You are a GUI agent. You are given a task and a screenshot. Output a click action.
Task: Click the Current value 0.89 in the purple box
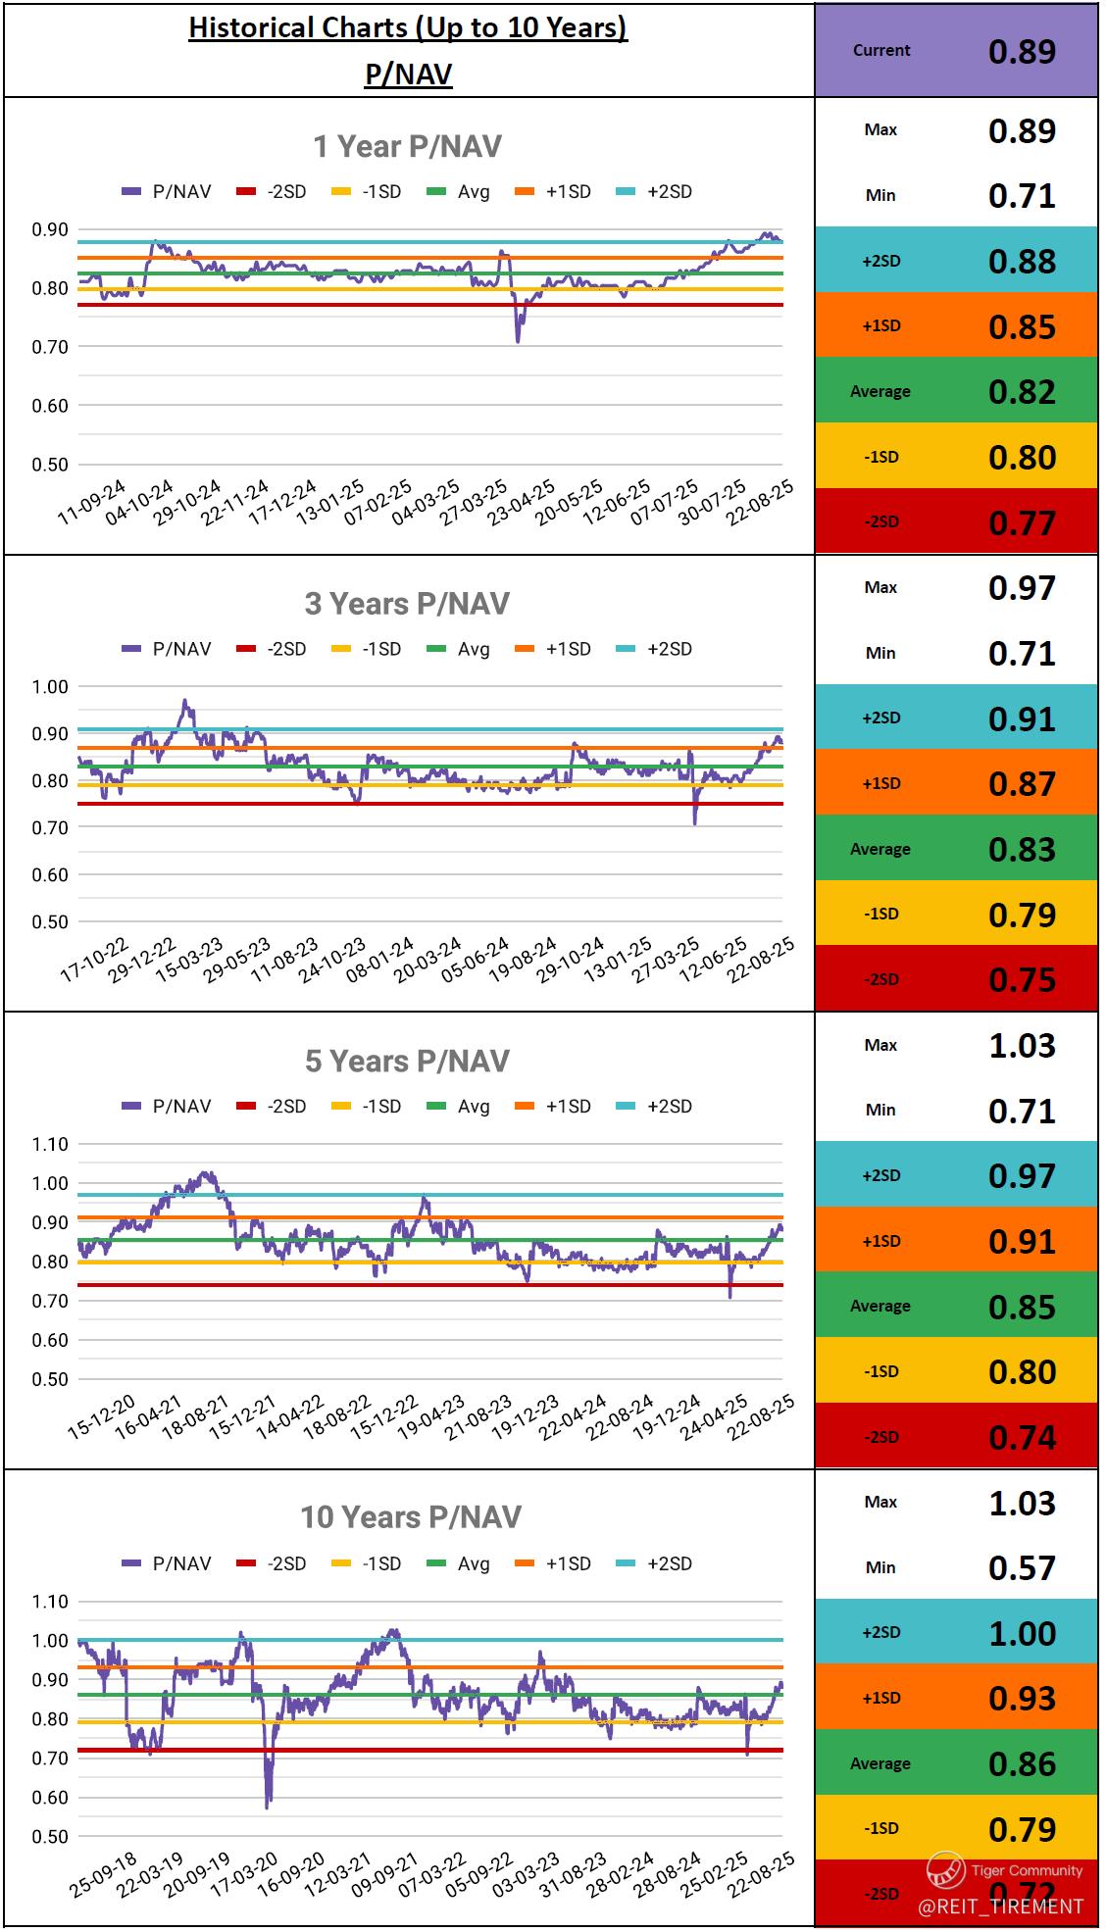point(1022,51)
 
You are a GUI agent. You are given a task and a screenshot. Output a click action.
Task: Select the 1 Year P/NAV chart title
point(407,146)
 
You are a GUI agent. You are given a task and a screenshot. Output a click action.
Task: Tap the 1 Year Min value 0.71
point(1022,195)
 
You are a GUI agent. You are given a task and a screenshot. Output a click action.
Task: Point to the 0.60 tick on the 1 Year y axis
point(49,406)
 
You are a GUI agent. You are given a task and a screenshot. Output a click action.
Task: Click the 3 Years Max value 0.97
point(1022,588)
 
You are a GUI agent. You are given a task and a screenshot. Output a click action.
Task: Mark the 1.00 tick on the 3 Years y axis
point(49,687)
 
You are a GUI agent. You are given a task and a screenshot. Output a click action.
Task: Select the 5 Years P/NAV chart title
point(407,1061)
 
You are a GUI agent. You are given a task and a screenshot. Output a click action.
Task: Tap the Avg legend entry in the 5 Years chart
point(460,1106)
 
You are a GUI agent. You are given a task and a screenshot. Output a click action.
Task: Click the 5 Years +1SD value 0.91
point(1022,1241)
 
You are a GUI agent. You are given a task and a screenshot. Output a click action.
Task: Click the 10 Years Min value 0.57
point(1022,1567)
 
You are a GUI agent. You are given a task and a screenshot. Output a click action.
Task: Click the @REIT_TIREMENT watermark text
point(1000,1907)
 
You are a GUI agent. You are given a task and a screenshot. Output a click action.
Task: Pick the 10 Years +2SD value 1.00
point(1022,1633)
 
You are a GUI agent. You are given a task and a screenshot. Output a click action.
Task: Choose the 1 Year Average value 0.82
point(1022,391)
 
